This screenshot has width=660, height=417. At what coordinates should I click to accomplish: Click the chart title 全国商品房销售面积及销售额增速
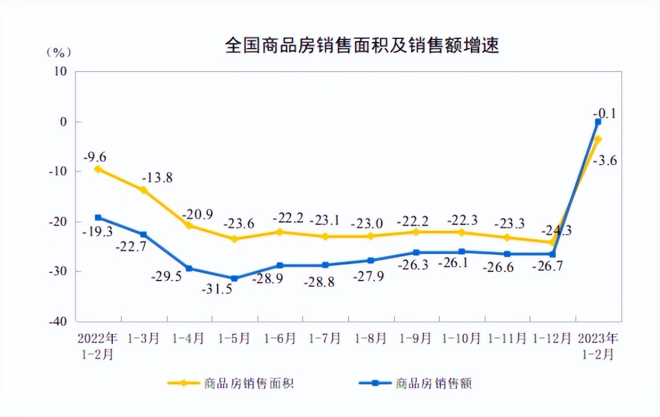[362, 46]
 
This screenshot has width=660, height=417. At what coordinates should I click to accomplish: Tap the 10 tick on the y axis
[61, 72]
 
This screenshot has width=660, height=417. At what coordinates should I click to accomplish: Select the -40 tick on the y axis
[58, 321]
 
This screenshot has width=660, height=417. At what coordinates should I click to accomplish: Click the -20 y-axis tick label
[58, 222]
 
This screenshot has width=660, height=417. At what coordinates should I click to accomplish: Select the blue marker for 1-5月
[234, 279]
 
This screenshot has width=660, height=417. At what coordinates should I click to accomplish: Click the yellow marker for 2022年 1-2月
[98, 169]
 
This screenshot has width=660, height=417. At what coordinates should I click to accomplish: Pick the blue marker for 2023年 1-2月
[598, 122]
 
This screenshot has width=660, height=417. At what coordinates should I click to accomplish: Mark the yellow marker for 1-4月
[189, 225]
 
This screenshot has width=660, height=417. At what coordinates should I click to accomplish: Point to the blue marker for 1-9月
[416, 252]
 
